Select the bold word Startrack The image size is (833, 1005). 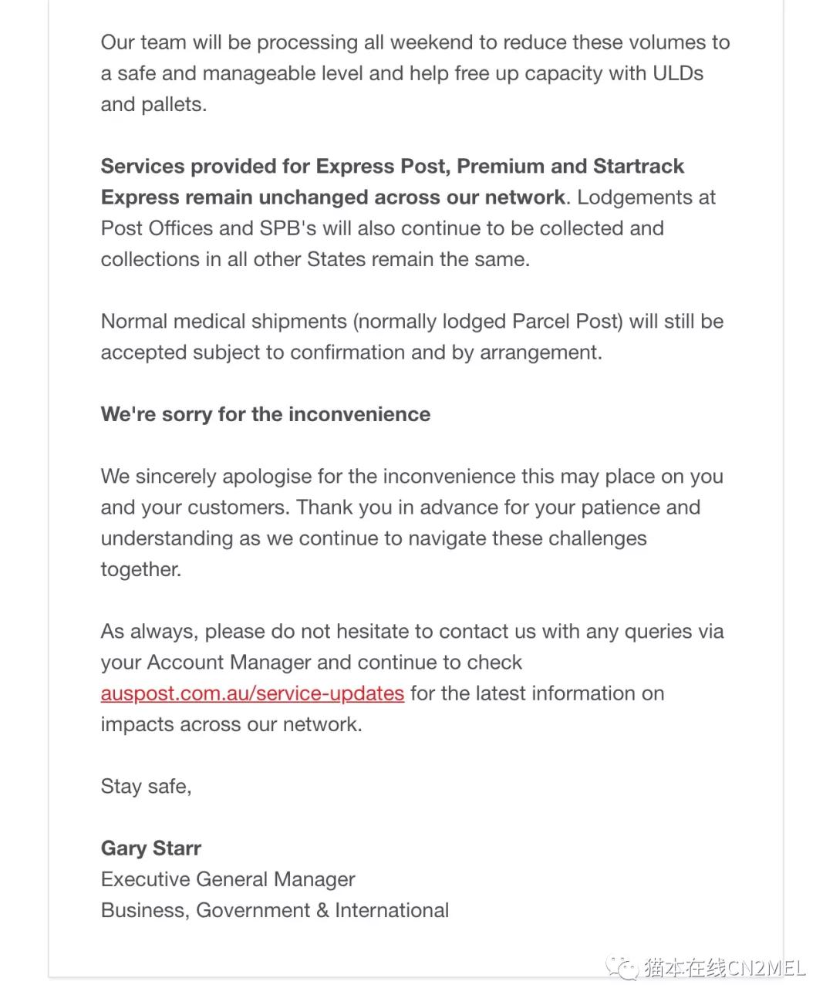point(638,167)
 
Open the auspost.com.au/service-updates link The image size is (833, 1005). point(252,693)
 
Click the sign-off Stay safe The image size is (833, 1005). point(146,787)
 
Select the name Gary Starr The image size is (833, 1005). point(151,848)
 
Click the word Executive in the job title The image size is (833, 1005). point(146,879)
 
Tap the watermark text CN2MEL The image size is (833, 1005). point(767,967)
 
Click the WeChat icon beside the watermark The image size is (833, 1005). point(621,967)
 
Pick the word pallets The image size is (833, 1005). point(177,105)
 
